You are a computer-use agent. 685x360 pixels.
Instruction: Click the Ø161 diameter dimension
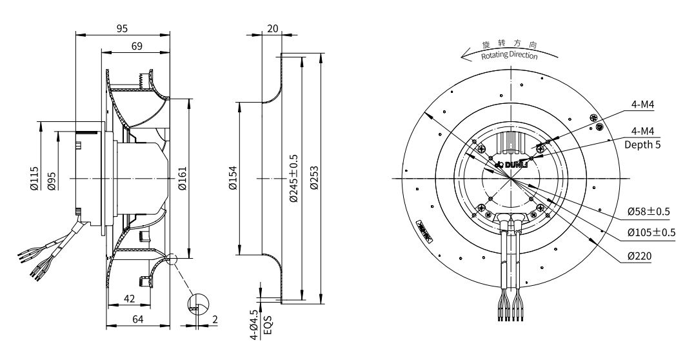tap(182, 178)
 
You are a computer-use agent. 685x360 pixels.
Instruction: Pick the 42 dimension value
tap(129, 298)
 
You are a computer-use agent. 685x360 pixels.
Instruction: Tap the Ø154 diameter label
tap(233, 178)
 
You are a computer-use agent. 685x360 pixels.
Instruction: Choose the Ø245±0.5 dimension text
tap(294, 178)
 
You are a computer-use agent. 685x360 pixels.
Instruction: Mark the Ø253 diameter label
tap(315, 178)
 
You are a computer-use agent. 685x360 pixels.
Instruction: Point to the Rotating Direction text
tap(509, 55)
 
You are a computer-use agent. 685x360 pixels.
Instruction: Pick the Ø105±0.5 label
tap(650, 232)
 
